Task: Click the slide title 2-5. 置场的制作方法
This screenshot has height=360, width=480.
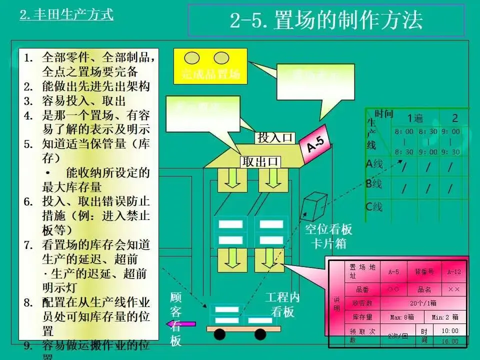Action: [x=326, y=20]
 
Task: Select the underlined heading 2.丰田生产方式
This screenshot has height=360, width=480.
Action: [x=66, y=14]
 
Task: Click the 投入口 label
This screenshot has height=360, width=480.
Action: [x=274, y=137]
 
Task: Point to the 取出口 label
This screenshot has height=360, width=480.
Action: [x=260, y=161]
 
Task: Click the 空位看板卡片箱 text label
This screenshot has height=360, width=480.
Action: [x=328, y=236]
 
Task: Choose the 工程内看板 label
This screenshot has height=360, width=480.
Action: [x=282, y=304]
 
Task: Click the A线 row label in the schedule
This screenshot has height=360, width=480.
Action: [x=374, y=164]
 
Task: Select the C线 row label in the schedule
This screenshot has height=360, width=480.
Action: [x=374, y=206]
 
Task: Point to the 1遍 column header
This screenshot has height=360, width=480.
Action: [x=414, y=118]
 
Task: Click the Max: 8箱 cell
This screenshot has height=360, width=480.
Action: [x=401, y=317]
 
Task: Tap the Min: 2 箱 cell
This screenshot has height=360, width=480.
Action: [x=448, y=317]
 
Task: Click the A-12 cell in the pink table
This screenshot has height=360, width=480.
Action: [x=454, y=272]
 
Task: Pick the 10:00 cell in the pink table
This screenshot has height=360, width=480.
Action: [x=450, y=330]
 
